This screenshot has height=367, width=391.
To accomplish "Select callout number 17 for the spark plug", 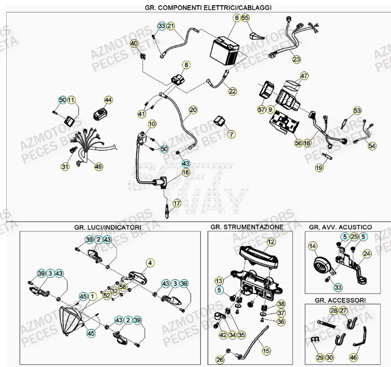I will click(x=177, y=203).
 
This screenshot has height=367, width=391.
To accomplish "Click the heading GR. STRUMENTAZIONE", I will click(x=246, y=226).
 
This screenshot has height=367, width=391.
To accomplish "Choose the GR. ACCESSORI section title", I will click(x=337, y=300).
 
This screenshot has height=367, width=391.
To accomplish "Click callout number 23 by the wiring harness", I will click(x=297, y=59).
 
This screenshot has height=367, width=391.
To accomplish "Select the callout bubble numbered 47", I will click(x=305, y=77).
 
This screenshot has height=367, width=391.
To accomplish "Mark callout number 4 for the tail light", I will click(x=150, y=263).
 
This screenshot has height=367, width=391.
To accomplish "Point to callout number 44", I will click(x=108, y=100).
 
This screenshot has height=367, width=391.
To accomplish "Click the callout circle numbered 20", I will click(x=193, y=110).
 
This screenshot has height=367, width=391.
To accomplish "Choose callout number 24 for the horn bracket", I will click(x=367, y=253).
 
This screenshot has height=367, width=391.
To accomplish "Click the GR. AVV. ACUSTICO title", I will click(x=340, y=226).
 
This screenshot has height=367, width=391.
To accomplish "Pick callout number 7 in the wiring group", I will click(x=232, y=135).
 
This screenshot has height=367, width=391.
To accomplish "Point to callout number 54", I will click(x=372, y=146).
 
